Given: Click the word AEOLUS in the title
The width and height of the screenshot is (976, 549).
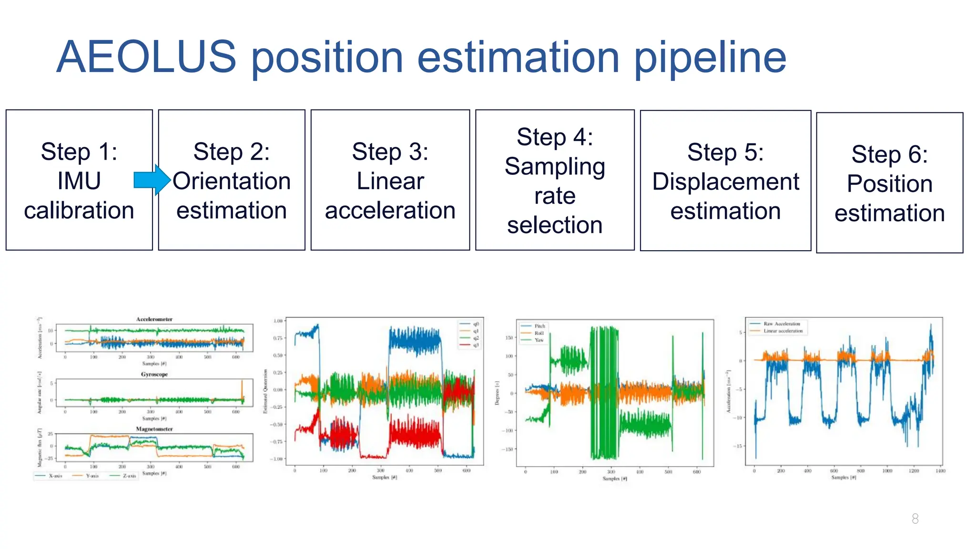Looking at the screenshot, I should (x=146, y=57).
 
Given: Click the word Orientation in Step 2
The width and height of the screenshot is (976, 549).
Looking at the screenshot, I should (x=232, y=181).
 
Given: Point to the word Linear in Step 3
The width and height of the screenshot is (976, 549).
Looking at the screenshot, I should (x=390, y=181).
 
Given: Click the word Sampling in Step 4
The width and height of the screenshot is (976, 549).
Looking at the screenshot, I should (x=555, y=167).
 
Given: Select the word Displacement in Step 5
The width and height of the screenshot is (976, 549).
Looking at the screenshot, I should (x=725, y=182).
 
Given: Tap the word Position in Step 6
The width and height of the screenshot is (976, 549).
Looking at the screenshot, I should (x=889, y=183).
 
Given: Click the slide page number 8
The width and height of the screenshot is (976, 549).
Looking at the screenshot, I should (x=915, y=518).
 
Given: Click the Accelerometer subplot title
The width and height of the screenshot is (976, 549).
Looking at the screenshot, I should (x=154, y=319).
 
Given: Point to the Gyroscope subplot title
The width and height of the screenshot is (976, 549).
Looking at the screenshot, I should (x=154, y=375).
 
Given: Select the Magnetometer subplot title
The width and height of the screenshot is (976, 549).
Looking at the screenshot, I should (x=154, y=429).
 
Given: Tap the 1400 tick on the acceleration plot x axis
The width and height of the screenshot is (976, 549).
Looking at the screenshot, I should (x=940, y=471).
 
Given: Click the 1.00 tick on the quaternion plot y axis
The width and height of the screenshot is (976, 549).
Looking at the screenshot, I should (x=278, y=321).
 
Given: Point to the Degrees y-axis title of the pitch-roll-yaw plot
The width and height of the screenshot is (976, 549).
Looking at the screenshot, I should (x=497, y=394).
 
